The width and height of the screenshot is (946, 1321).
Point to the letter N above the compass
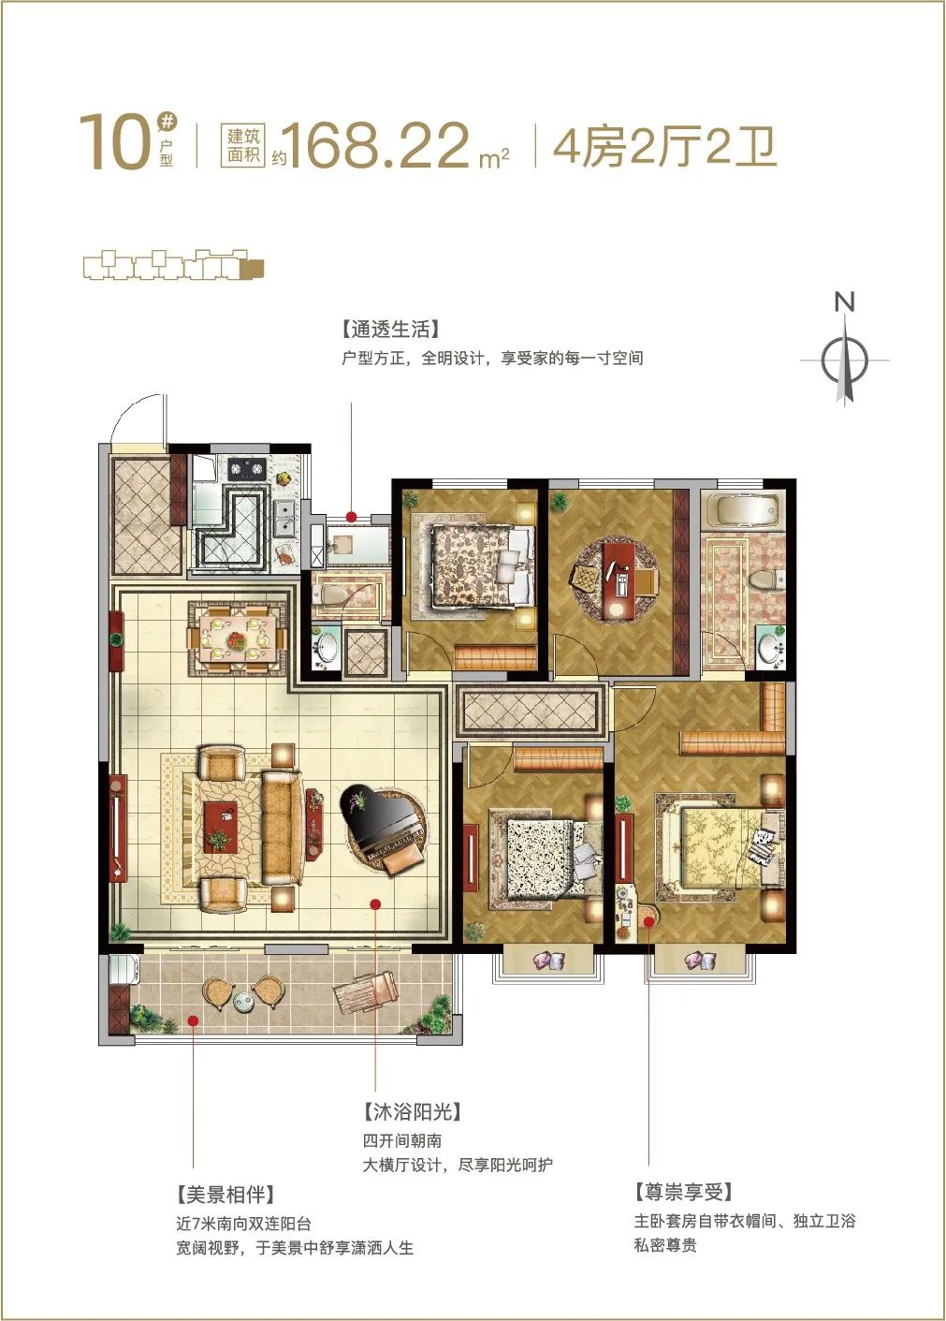844,302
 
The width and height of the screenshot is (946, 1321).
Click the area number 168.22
378,146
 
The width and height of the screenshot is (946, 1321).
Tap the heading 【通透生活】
390,329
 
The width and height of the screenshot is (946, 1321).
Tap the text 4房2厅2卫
665,147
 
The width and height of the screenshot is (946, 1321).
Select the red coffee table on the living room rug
221,827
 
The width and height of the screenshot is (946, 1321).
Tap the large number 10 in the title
113,141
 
